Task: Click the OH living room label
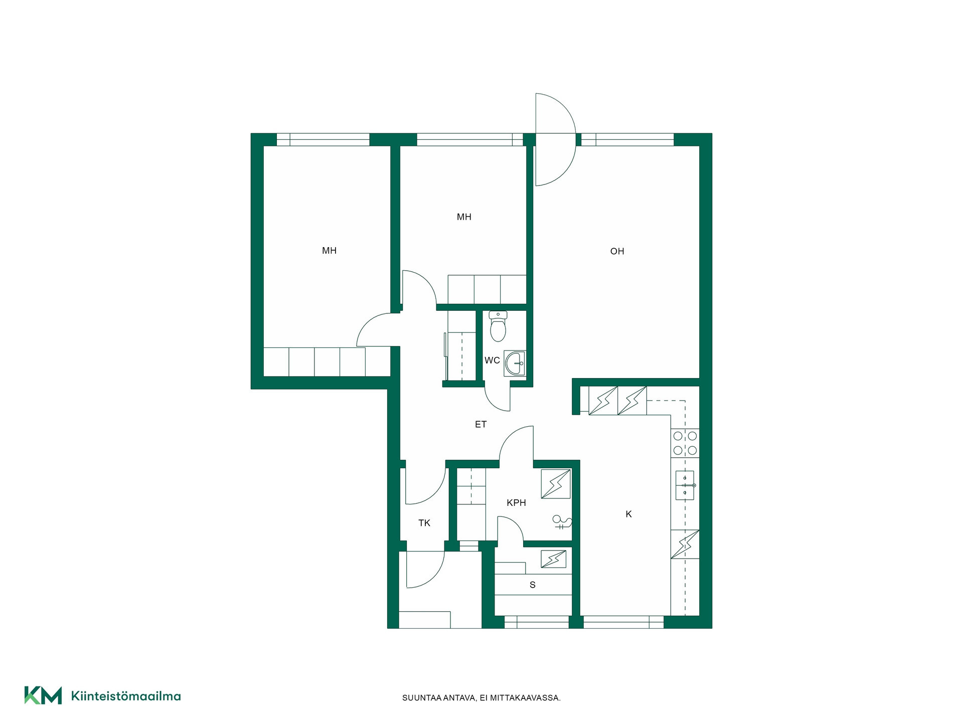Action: [x=617, y=251]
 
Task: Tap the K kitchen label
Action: [x=628, y=514]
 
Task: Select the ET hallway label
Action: [x=480, y=424]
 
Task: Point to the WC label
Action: [x=492, y=360]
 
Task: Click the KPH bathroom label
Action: [x=516, y=502]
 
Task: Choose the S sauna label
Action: [x=533, y=585]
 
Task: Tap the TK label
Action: [x=424, y=523]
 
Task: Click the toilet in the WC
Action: [x=498, y=326]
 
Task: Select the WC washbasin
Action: [x=515, y=363]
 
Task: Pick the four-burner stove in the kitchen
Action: [x=685, y=443]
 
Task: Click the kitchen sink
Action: [x=685, y=485]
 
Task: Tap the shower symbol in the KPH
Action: [x=562, y=522]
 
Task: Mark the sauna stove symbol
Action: [x=553, y=559]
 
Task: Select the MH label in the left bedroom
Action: [x=329, y=251]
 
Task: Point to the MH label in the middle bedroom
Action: [x=464, y=217]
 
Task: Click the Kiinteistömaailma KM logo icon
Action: [x=43, y=695]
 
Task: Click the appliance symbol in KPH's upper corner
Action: [x=556, y=484]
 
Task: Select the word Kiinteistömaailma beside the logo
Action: [x=126, y=696]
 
